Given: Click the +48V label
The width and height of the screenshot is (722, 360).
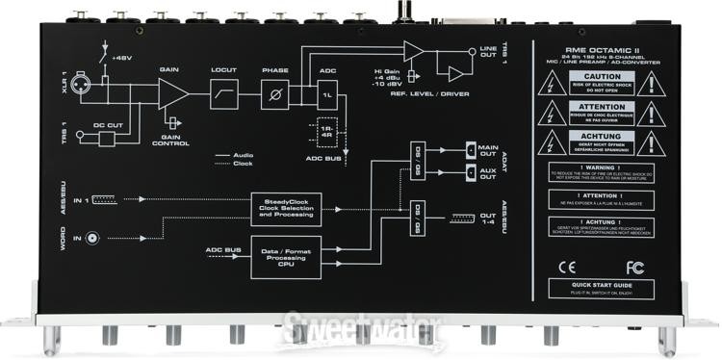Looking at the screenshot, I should point(120,58).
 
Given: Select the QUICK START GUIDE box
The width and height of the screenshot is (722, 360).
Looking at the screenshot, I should point(603,285).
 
